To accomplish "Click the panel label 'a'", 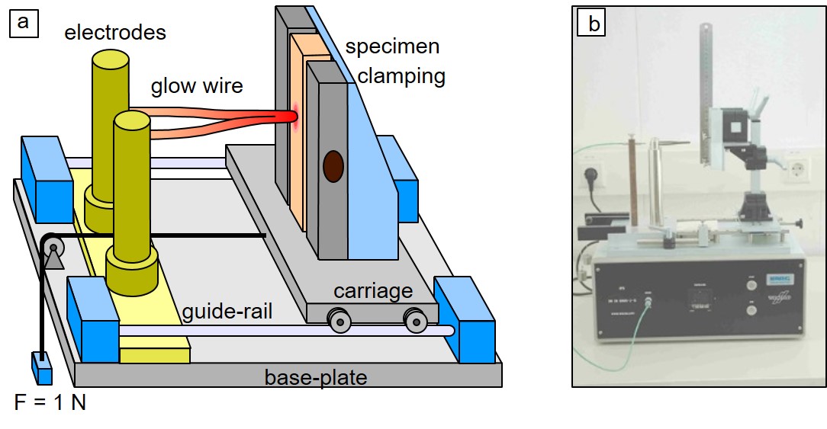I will pos(23,22).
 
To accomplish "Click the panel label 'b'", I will pos(593,24).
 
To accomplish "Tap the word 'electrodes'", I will pos(115,32).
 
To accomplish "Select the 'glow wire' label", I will pos(196,85).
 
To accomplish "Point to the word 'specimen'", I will pos(392,46).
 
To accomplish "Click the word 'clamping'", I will pos(401,76).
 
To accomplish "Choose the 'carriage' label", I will pos(372,291).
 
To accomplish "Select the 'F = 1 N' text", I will pos(50,402).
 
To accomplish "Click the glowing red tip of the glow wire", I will pos(290,117).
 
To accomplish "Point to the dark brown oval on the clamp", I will pos(333,166).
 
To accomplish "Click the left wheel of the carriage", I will pos(339,322).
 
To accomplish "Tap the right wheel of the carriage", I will pos(414,322).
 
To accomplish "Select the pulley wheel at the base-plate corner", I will pos(53,246).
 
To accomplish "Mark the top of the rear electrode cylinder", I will pos(111,59).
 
